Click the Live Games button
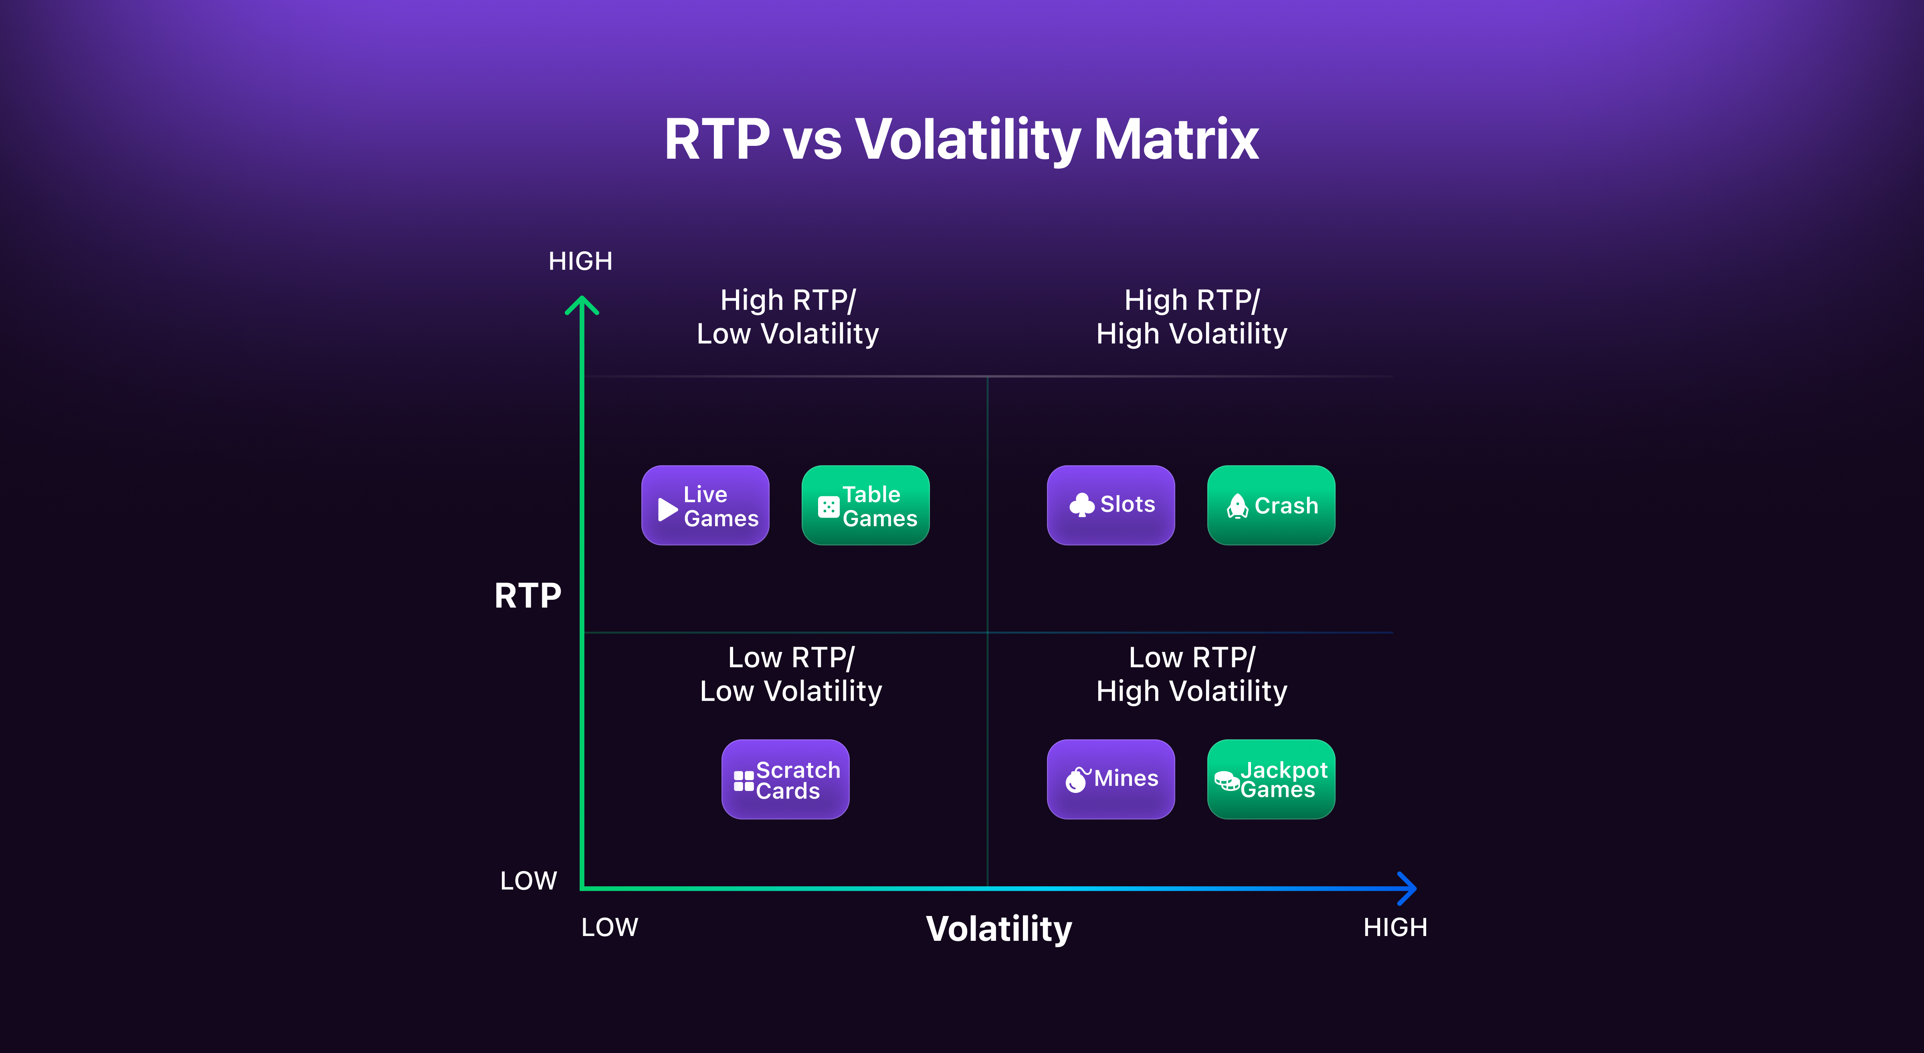[705, 506]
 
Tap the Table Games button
[865, 506]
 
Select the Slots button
[1111, 506]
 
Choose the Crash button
[1271, 506]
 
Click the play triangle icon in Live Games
[667, 509]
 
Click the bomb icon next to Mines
[1076, 779]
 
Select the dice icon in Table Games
[828, 507]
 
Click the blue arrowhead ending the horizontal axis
[1407, 888]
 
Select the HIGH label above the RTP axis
[580, 261]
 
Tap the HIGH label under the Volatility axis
[1394, 928]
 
